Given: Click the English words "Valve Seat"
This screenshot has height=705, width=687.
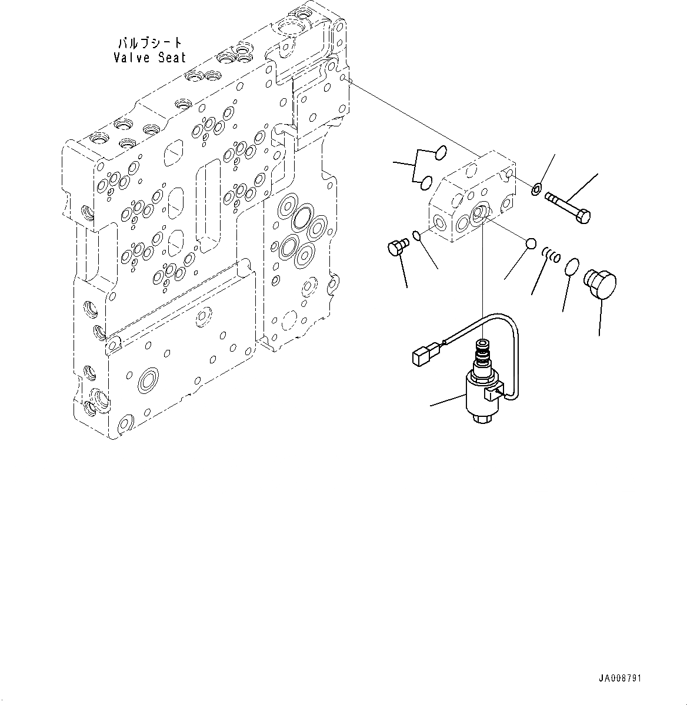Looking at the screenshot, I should [149, 58].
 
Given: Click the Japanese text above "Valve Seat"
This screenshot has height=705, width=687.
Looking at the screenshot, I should [150, 44].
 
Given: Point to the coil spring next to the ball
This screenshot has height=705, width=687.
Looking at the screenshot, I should [551, 255].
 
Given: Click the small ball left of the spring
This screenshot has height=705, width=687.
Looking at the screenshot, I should [530, 243].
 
